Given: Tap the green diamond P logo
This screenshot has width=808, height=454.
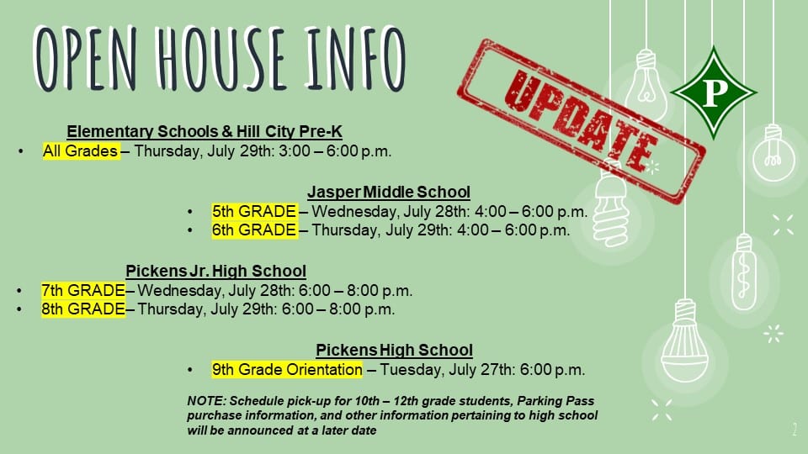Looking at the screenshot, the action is [714, 92].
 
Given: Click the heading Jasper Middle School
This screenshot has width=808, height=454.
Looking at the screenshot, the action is [389, 192].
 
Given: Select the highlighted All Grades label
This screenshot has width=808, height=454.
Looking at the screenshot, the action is [81, 150].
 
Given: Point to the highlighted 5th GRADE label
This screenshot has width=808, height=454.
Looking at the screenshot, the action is [254, 211].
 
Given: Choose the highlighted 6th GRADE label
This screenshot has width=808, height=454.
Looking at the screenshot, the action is [254, 230].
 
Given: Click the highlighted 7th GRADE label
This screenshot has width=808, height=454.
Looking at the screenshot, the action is [83, 290].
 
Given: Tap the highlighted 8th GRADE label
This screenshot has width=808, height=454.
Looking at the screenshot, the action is [83, 309].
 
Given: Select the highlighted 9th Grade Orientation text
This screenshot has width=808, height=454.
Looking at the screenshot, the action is [287, 370].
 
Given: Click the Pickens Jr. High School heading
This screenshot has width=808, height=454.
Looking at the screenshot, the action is [216, 271].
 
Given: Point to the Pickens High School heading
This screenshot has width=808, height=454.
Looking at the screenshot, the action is [394, 350].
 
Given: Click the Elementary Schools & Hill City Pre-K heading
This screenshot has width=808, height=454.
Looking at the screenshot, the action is [204, 131].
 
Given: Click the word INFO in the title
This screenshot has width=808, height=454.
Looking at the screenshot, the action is [355, 58].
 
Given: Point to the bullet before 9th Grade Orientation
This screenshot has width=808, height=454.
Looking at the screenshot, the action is [190, 370].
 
